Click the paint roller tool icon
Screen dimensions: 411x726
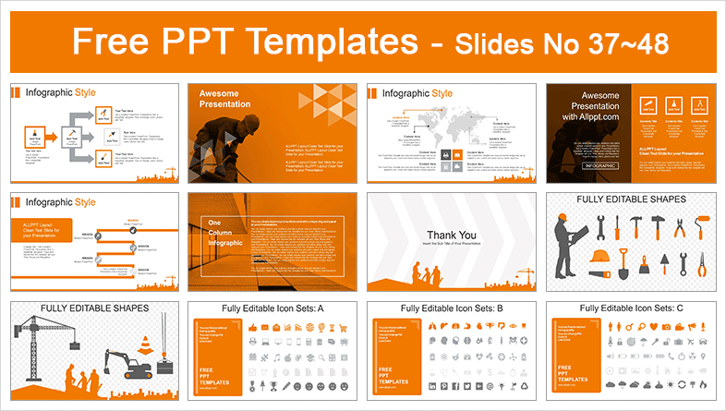tap(703, 227)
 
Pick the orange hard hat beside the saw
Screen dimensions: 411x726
tap(599, 257)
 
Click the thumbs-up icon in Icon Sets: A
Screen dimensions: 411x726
tap(251, 328)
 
